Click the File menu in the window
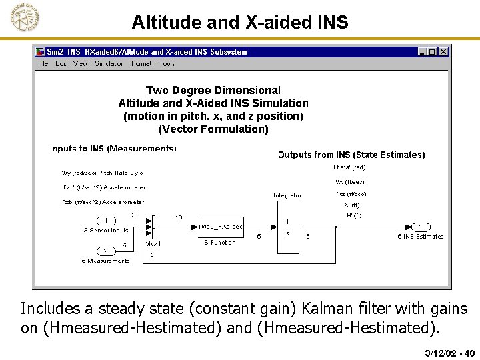[x=43, y=64]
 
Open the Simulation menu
[x=109, y=64]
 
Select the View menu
[x=81, y=64]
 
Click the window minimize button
[x=423, y=51]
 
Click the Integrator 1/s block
[x=287, y=227]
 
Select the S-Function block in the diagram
[x=221, y=227]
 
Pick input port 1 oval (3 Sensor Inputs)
[x=105, y=221]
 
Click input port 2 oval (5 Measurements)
[x=105, y=251]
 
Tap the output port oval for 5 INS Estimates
[x=421, y=227]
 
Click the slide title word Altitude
[x=161, y=23]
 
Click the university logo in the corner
[x=25, y=17]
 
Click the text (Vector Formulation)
[x=213, y=129]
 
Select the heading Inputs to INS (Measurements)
[x=113, y=149]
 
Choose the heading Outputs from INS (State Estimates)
[x=351, y=155]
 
